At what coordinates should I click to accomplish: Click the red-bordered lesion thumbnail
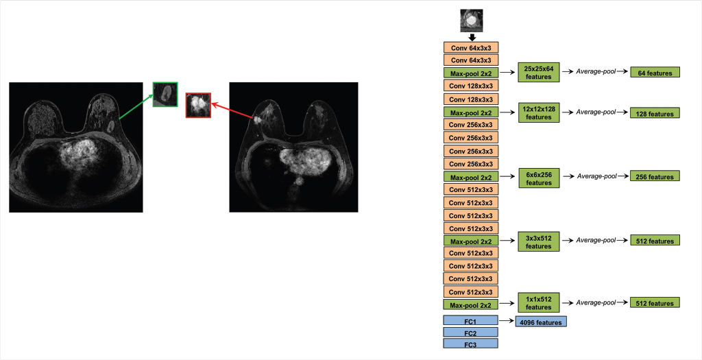coord(198,106)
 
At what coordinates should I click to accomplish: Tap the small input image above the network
coord(471,20)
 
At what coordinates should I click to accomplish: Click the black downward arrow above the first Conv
coord(471,36)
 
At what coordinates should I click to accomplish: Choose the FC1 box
coord(470,320)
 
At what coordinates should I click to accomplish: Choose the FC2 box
coord(470,332)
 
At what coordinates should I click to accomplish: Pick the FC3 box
coord(470,344)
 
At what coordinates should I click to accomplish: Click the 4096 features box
coord(541,322)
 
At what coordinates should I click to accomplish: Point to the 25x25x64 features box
coord(539,73)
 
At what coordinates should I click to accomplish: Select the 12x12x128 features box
coord(539,113)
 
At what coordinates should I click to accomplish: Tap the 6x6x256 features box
coord(539,178)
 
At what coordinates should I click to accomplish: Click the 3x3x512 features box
coord(539,241)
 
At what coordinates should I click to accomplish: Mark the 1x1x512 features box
coord(539,302)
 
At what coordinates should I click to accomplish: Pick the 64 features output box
coord(655,73)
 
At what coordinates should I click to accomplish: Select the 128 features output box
coord(655,113)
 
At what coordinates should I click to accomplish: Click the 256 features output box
coord(655,177)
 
